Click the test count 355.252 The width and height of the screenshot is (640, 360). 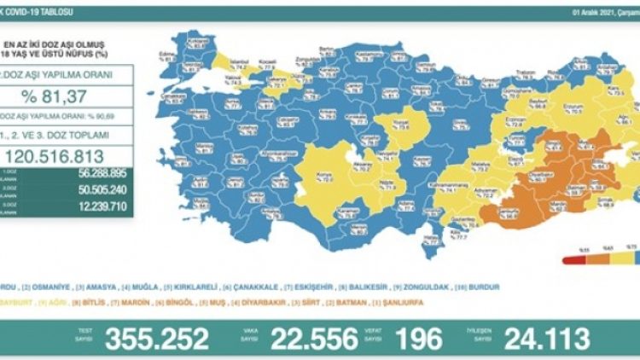(156, 339)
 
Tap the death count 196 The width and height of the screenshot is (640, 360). (419, 339)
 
